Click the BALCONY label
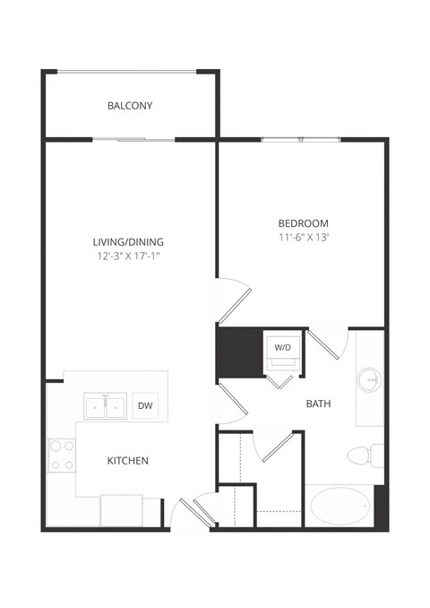click(130, 106)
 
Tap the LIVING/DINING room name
click(128, 241)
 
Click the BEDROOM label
click(303, 223)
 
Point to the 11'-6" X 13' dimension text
click(303, 238)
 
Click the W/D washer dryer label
click(282, 345)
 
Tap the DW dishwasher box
click(144, 406)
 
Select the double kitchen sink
click(106, 406)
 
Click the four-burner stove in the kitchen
click(61, 455)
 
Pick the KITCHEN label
click(128, 461)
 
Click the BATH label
click(318, 404)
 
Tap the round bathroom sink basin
click(369, 380)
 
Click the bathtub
click(340, 507)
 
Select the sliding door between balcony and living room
click(134, 139)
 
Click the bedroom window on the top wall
click(301, 139)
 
